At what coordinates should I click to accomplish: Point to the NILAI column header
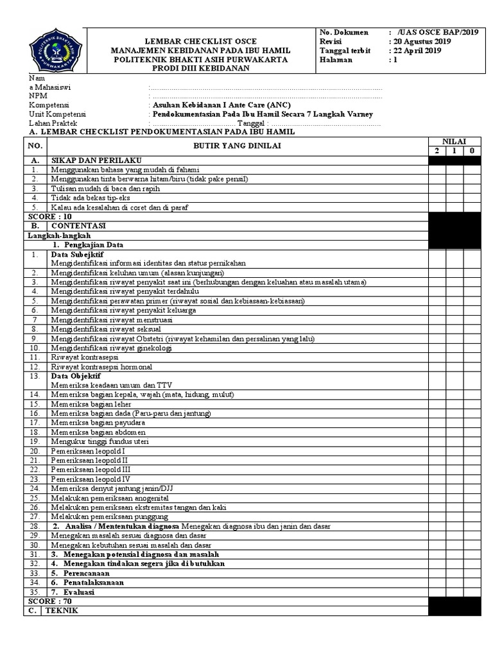coord(454,141)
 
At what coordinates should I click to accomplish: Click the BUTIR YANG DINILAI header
coord(238,146)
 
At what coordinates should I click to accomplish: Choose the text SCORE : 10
coord(49,217)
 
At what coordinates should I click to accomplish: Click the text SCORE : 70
coord(49,601)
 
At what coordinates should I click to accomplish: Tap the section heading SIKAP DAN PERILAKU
coord(96,160)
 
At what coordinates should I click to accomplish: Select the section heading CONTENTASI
coord(79,226)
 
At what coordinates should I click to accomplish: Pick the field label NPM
coord(38,95)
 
